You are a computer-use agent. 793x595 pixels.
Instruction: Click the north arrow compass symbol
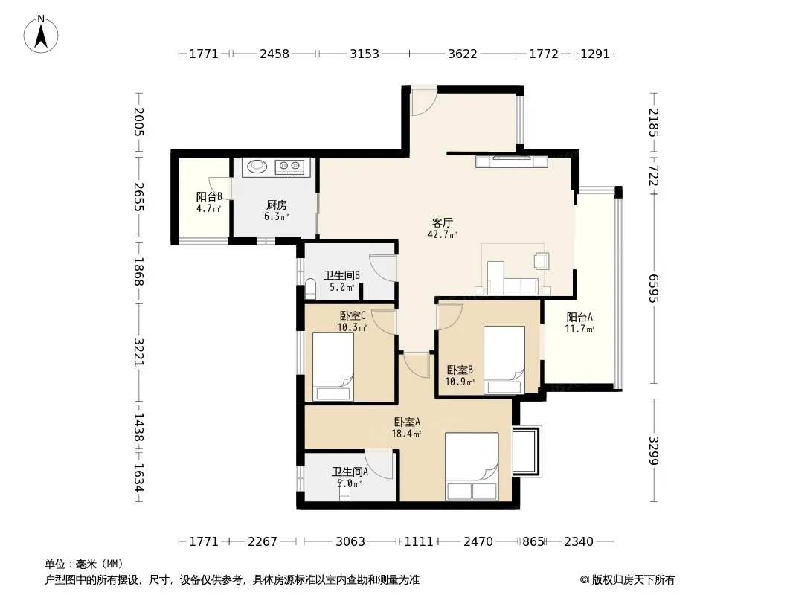click(41, 34)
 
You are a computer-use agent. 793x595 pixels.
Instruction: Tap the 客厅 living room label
click(443, 222)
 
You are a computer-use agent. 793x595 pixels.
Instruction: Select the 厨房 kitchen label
click(277, 205)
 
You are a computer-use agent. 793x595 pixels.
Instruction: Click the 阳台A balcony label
click(579, 317)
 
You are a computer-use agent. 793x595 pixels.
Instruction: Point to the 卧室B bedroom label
click(460, 370)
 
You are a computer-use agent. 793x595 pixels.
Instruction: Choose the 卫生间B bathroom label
click(342, 275)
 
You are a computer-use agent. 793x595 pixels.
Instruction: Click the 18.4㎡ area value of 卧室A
click(407, 433)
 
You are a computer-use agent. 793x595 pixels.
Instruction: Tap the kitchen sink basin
click(258, 166)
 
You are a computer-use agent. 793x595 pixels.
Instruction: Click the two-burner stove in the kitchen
click(289, 166)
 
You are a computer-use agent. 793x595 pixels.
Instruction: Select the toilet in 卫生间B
click(310, 289)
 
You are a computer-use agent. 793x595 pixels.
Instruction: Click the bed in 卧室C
click(333, 367)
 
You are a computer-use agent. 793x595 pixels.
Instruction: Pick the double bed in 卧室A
click(472, 466)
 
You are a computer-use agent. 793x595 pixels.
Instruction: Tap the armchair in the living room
click(541, 260)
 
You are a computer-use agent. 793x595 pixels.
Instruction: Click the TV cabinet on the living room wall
click(511, 161)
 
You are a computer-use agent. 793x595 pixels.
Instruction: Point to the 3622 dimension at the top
click(463, 54)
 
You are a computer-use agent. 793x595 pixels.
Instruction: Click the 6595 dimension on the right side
click(655, 288)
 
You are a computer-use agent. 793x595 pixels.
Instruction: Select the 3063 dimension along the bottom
click(350, 541)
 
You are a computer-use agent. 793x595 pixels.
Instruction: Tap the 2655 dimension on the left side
click(139, 196)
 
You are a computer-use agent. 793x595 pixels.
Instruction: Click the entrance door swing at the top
click(423, 102)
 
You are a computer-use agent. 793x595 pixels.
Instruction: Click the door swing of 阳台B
click(220, 189)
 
